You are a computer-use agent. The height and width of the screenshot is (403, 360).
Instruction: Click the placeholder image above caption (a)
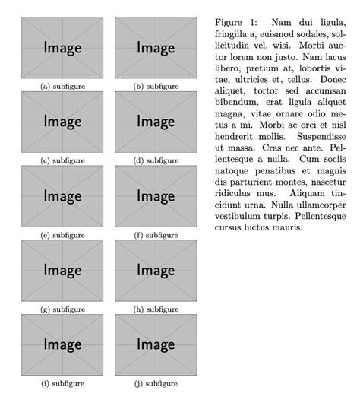(x=62, y=47)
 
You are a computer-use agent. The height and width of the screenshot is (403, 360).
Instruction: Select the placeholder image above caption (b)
(x=156, y=47)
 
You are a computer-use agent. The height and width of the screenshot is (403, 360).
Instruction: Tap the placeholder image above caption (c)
(x=62, y=122)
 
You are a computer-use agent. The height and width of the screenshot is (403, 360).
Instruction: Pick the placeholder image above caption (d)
(x=156, y=122)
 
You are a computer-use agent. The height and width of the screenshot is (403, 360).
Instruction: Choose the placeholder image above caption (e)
(x=62, y=196)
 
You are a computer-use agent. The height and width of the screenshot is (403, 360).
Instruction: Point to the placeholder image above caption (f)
(x=156, y=196)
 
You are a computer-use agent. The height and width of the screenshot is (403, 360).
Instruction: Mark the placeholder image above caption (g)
(x=62, y=270)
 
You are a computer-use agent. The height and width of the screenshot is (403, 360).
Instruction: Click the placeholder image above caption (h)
(x=156, y=270)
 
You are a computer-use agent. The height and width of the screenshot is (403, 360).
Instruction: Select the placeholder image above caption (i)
(x=62, y=344)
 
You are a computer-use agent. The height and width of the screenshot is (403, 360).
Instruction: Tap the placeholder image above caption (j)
(x=156, y=344)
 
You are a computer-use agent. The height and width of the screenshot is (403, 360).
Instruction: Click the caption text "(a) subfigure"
(x=62, y=87)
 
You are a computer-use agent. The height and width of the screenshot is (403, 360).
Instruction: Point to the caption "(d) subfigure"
(x=156, y=160)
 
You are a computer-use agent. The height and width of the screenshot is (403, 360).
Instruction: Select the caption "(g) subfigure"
(x=62, y=309)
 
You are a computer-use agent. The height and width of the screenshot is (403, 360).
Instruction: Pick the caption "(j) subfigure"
(x=156, y=384)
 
